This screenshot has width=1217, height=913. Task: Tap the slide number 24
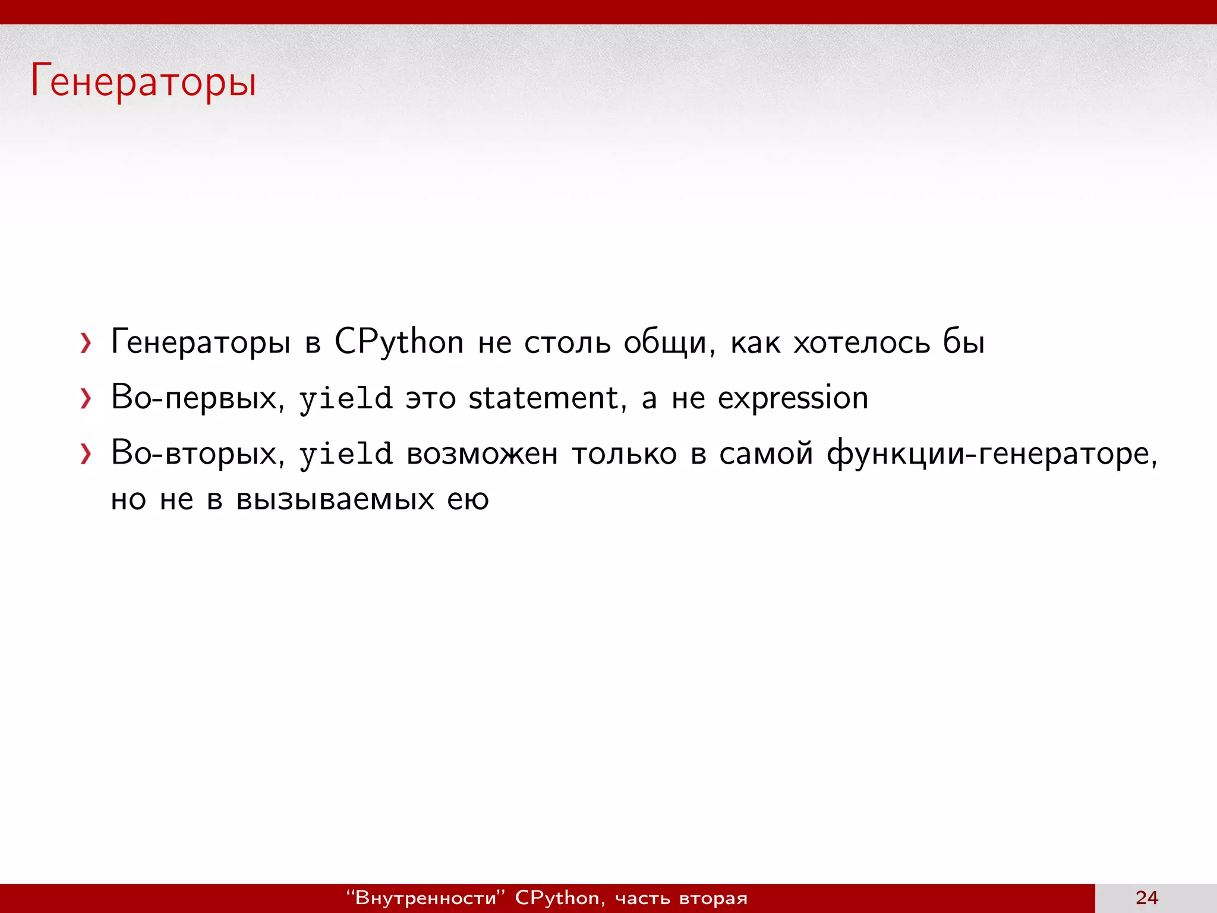(x=1146, y=898)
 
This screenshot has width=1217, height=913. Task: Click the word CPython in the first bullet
(x=399, y=342)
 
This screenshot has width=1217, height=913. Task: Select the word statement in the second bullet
(x=544, y=398)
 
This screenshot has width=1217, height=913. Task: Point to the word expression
(x=793, y=399)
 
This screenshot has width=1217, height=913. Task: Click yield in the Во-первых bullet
(x=345, y=398)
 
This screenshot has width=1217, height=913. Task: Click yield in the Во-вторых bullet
(x=345, y=454)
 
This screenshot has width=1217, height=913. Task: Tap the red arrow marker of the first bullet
(x=86, y=343)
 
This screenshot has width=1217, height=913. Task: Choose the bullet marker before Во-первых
(x=86, y=399)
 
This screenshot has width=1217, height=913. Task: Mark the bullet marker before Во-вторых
(x=86, y=455)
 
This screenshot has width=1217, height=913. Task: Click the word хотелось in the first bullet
(x=862, y=342)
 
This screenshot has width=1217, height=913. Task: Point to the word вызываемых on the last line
(x=335, y=499)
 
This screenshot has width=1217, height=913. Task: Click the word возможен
(x=482, y=454)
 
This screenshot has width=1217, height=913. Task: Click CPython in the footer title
(x=557, y=898)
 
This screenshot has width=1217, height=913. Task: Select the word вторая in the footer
(x=713, y=898)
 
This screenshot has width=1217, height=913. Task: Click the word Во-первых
(x=195, y=398)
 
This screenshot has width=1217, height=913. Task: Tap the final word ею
(x=468, y=499)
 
